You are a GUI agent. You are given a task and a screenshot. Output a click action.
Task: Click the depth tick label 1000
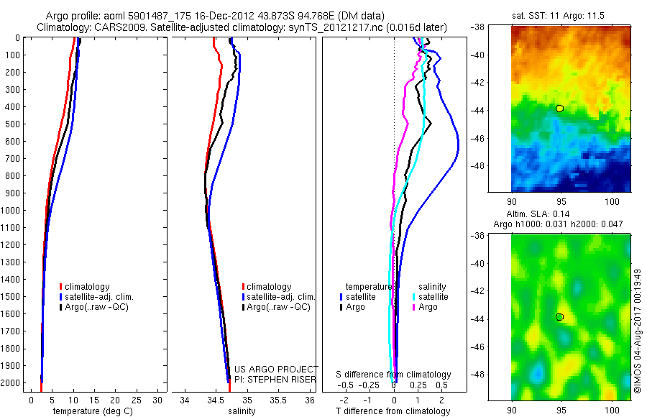(x=12, y=211)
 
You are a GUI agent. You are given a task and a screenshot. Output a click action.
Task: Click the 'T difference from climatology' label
(x=393, y=411)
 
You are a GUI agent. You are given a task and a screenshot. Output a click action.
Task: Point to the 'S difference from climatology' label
(x=394, y=375)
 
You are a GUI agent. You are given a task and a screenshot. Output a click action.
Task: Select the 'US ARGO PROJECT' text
(x=275, y=370)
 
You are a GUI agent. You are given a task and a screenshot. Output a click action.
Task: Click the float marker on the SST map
(x=559, y=109)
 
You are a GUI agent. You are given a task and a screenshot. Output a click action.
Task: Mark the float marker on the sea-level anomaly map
(x=559, y=317)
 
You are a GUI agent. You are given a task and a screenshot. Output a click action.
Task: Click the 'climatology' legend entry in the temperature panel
(x=87, y=287)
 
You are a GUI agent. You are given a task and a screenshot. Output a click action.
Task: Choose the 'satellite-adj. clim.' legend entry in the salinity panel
(x=280, y=297)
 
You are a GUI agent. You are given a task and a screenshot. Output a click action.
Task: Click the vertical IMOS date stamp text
(x=638, y=331)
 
